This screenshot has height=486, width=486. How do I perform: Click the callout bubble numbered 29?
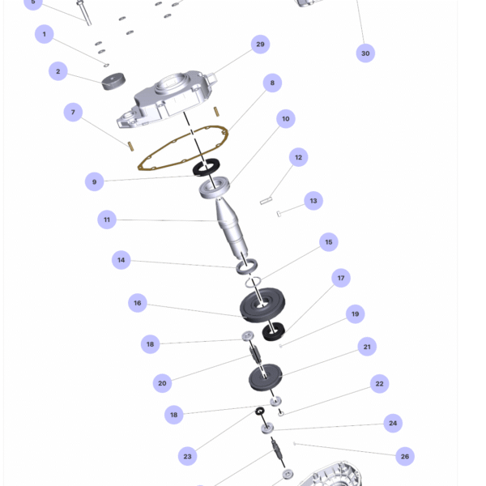pos(260,45)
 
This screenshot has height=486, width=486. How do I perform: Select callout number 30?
pos(365,53)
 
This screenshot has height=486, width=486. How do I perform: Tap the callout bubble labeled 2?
pos(58,71)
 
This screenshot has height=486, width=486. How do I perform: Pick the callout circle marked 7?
pos(73,113)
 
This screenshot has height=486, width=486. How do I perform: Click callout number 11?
pos(107,220)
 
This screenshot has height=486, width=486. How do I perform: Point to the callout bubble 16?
pos(138,303)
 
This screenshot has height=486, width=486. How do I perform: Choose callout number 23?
pos(187,456)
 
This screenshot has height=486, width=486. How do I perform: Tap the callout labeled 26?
pos(405,456)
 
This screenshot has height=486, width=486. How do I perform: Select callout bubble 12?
pos(298,157)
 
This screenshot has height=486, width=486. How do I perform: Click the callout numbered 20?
pos(162,383)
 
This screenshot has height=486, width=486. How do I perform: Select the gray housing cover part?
pos(168,99)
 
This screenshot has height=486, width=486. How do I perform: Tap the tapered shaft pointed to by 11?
pos(231,229)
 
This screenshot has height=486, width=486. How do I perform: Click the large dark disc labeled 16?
pos(262,305)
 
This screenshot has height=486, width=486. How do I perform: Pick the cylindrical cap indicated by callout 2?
pos(113,81)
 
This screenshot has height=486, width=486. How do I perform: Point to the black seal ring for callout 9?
pos(206,168)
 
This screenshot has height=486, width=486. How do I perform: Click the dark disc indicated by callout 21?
pos(266,377)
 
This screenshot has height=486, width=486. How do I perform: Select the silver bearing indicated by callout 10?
pos(214,187)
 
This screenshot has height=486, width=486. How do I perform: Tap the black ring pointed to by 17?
pos(274,331)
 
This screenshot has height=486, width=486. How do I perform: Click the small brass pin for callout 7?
pos(130,147)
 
